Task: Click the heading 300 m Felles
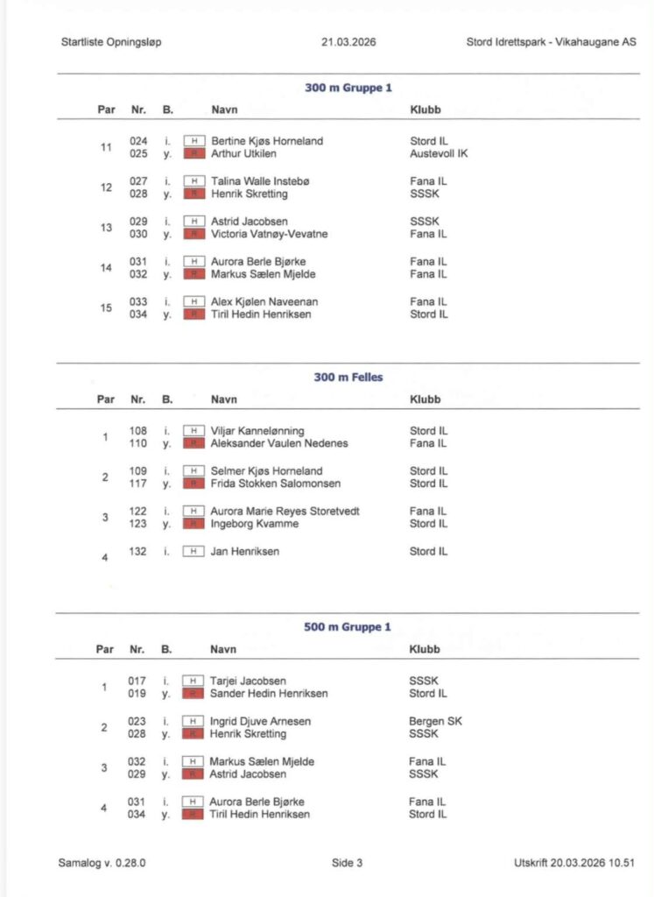[x=348, y=378]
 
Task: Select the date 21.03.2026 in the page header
[x=348, y=41]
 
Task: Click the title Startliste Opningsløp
[x=111, y=41]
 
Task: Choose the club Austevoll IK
[x=439, y=153]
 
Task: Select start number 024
[x=138, y=141]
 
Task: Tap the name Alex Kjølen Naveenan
[x=264, y=302]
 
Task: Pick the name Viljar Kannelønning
[x=258, y=431]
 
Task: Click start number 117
[x=138, y=484]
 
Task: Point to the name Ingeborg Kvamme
[x=255, y=524]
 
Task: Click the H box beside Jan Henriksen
[x=193, y=551]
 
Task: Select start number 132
[x=138, y=551]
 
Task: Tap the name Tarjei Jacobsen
[x=249, y=681]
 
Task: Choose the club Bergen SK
[x=435, y=721]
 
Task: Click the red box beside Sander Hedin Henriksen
[x=193, y=694]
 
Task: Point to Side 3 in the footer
[x=347, y=863]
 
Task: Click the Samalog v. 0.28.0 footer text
[x=102, y=863]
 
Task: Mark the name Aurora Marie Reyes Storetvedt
[x=285, y=511]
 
